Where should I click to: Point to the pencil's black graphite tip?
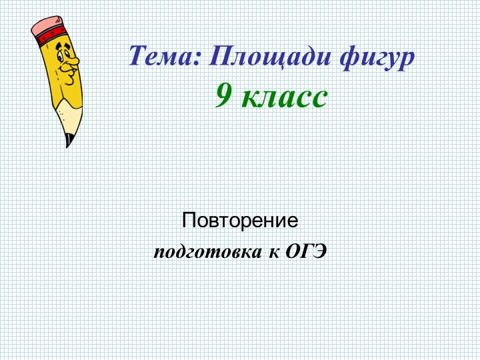click(x=68, y=140)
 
